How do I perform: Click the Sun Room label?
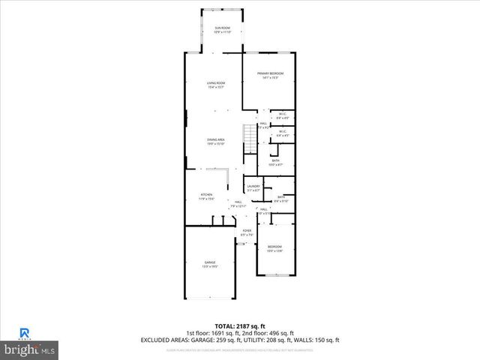coord(222,30)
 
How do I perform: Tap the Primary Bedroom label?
coord(268,75)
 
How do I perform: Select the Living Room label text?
coord(217,85)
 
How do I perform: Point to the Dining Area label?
coord(217,141)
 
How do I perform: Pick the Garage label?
coord(210,264)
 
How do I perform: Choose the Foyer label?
coord(247,232)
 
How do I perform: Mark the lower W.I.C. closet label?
coord(283,133)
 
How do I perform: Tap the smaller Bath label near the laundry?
coord(280,199)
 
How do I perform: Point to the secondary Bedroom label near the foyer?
coord(274,249)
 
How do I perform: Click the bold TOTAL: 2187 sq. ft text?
coord(239,326)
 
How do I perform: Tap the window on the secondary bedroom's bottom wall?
coord(275,274)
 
